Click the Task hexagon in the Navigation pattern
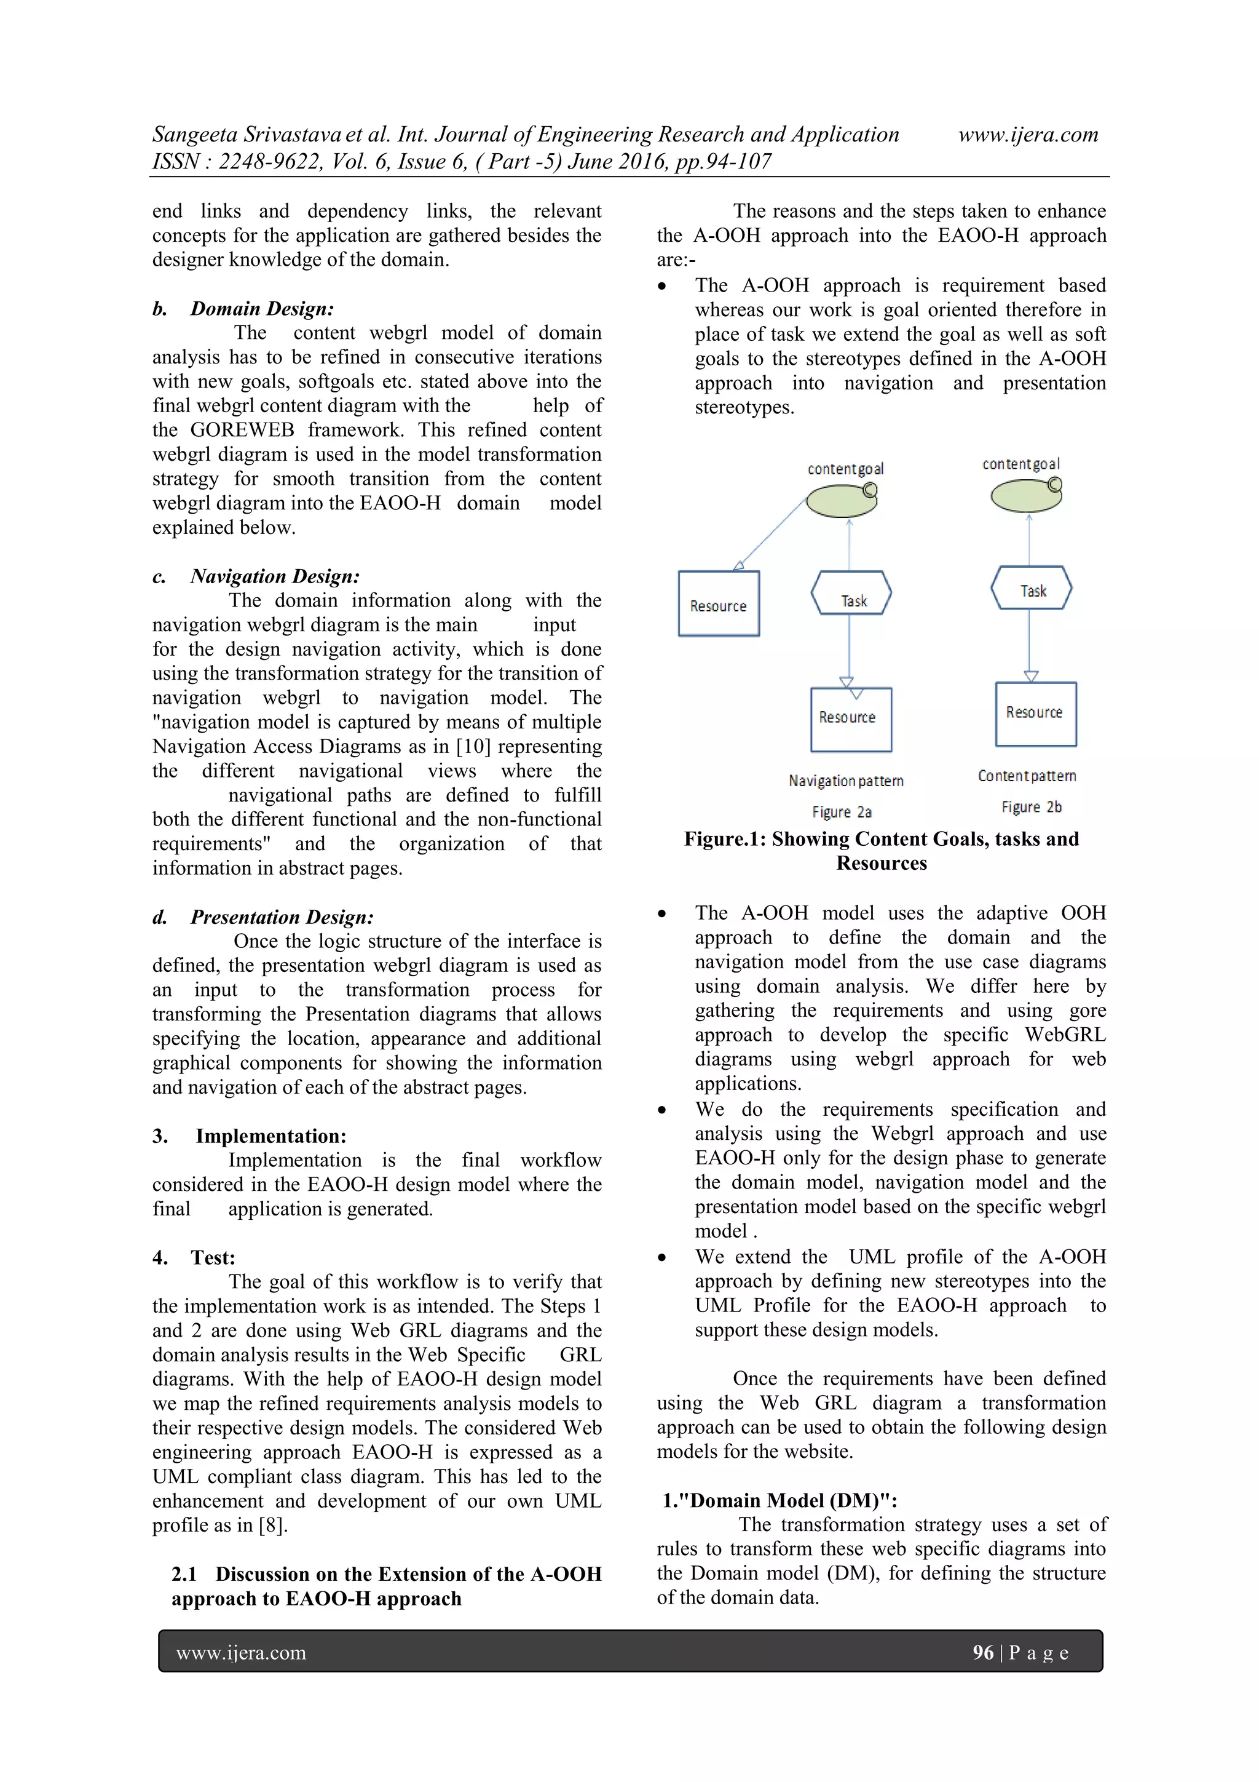(x=851, y=594)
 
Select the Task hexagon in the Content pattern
(x=1031, y=588)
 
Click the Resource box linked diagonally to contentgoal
(x=718, y=604)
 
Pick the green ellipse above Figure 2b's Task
(x=1025, y=495)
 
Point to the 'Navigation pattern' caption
(x=845, y=781)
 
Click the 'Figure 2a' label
(x=842, y=812)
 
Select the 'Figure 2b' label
(x=1031, y=807)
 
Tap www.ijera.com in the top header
(x=1028, y=135)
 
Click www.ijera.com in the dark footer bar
(x=241, y=1653)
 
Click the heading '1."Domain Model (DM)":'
(x=779, y=1500)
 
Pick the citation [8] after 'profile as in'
(x=273, y=1525)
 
